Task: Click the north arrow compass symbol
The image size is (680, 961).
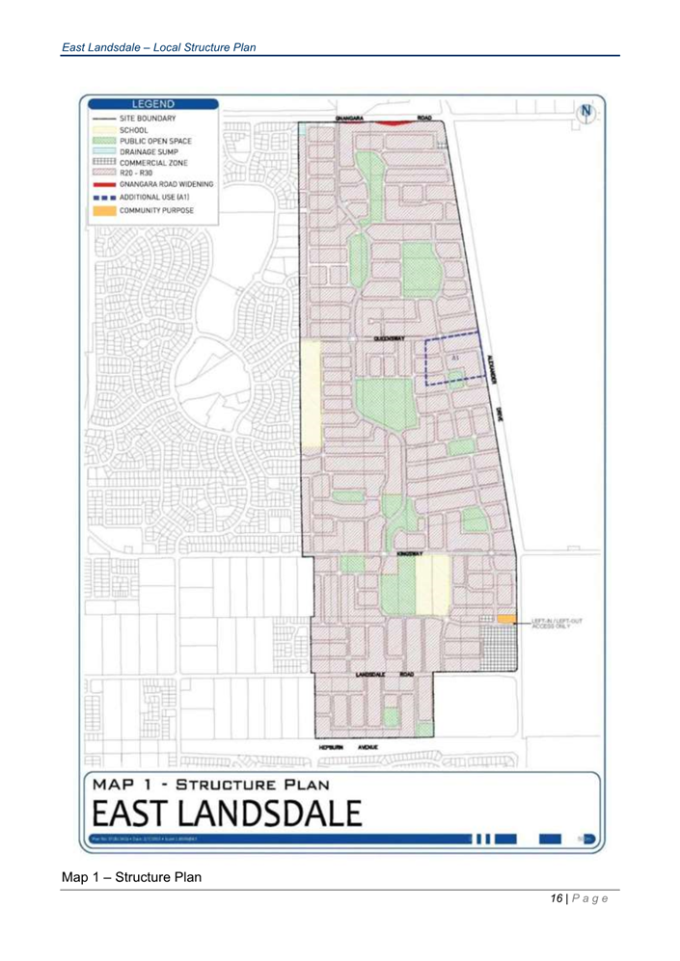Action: tap(585, 111)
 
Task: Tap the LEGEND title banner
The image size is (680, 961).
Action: tap(152, 104)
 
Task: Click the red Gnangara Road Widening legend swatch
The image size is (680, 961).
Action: tap(103, 182)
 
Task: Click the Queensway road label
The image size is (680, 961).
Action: tap(389, 339)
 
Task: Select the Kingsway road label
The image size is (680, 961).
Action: tap(409, 554)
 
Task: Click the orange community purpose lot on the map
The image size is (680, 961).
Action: tap(507, 618)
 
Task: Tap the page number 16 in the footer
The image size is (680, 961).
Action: tap(557, 898)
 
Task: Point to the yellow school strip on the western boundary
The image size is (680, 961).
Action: tap(310, 394)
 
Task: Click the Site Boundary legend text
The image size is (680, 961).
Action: tap(148, 118)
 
